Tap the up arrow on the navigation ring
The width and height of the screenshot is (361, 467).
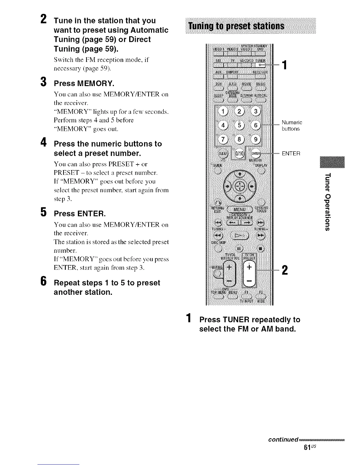(x=240, y=174)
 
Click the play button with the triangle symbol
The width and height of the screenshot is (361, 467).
(x=240, y=235)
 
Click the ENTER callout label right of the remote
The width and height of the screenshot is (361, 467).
(x=291, y=154)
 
